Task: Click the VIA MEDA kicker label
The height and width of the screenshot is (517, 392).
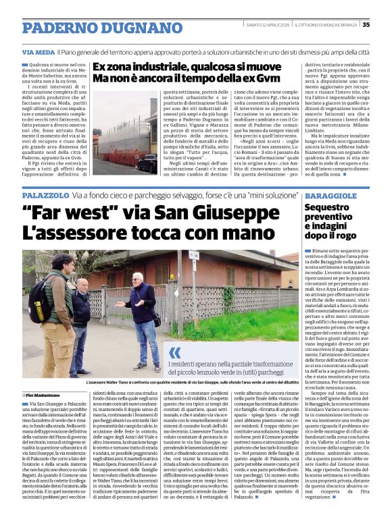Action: tap(58, 52)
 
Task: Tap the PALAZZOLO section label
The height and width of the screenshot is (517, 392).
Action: tap(45, 194)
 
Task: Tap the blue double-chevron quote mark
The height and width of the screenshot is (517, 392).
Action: tap(175, 352)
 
